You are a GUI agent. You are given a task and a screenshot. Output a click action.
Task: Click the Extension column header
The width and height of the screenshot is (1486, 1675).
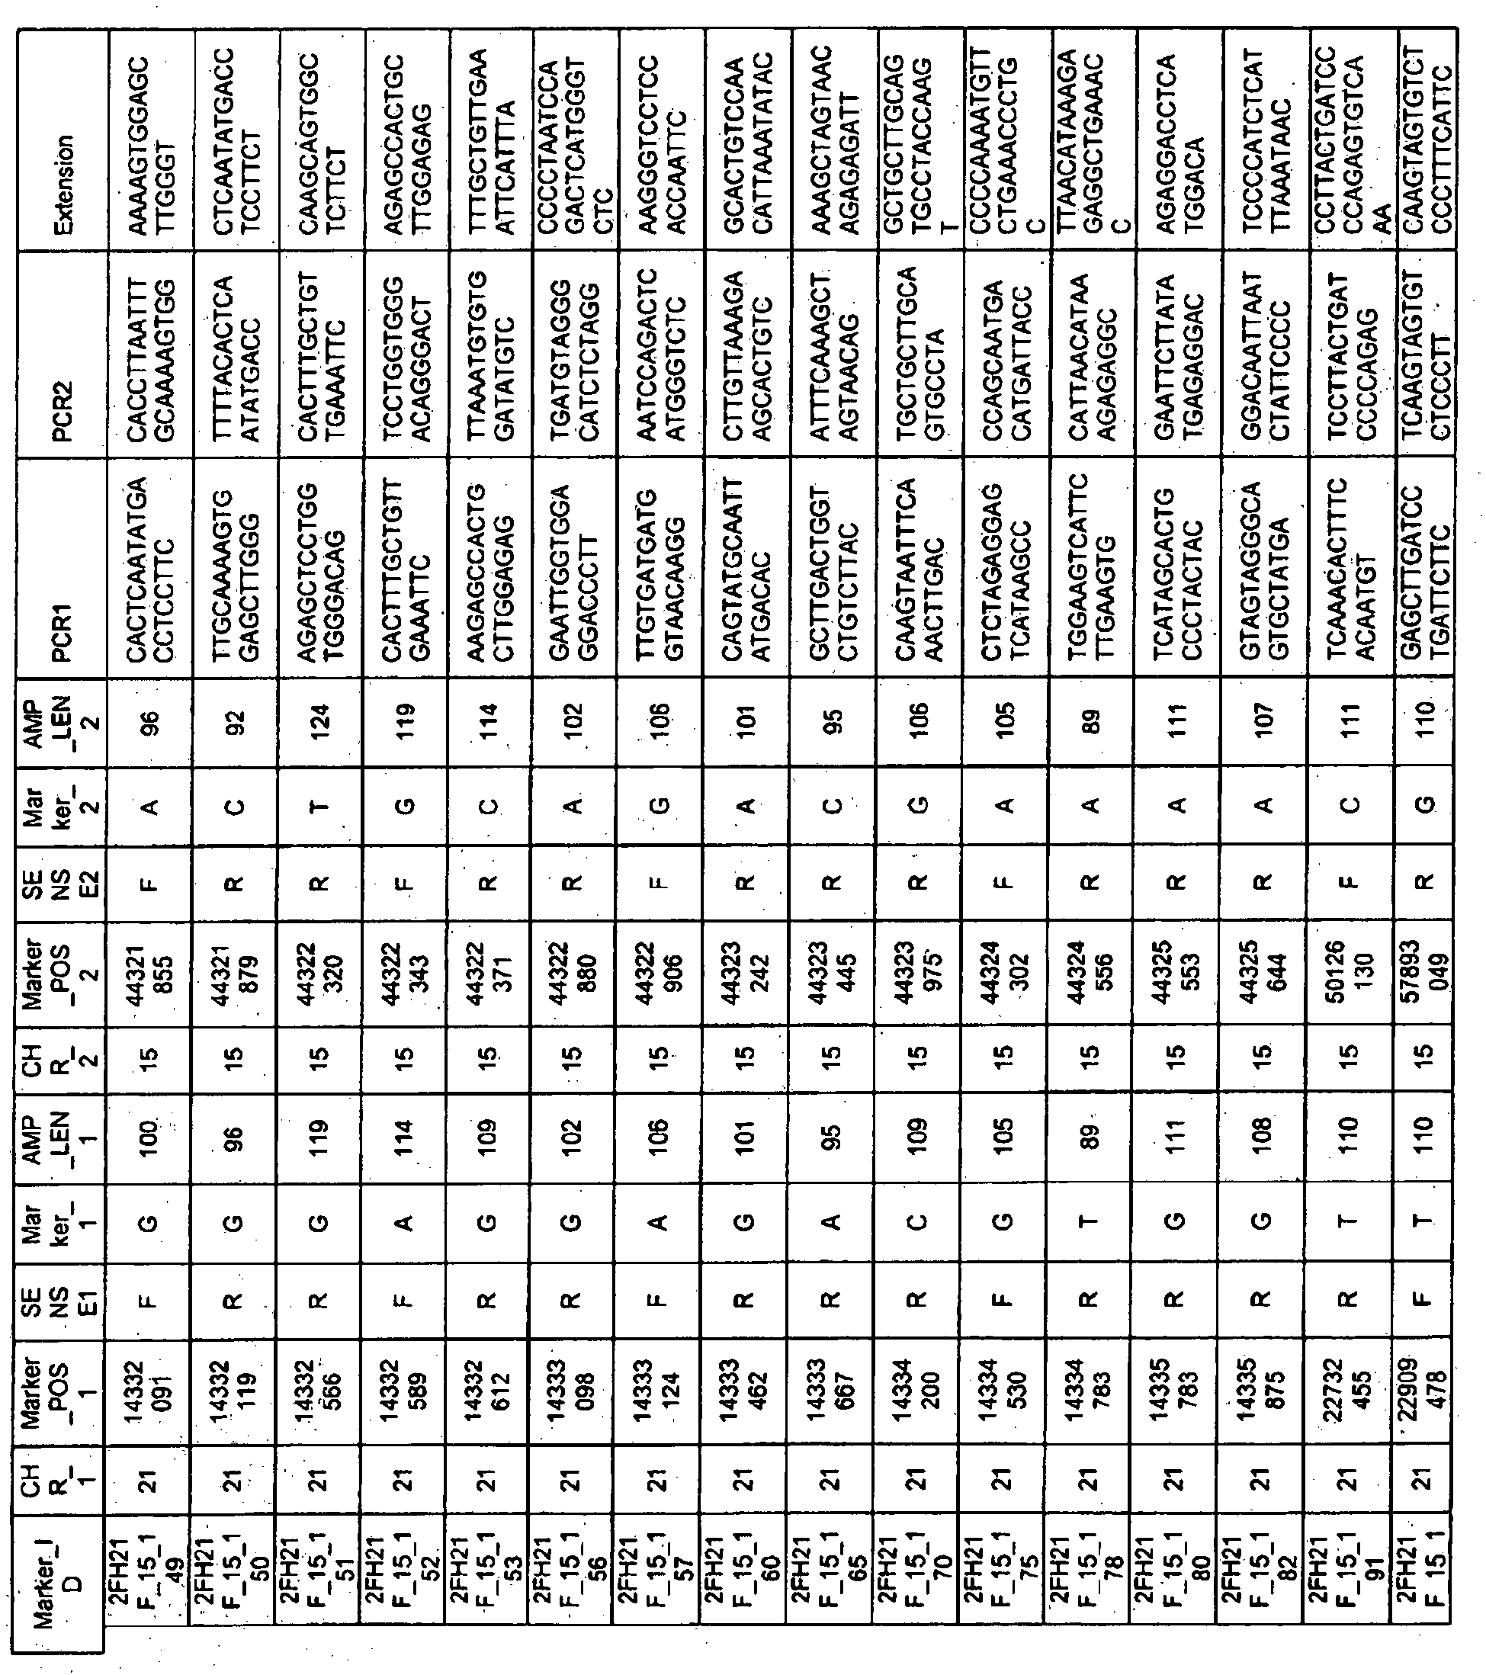pos(62,185)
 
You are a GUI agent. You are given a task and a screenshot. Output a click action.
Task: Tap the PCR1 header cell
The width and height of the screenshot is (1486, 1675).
pos(62,635)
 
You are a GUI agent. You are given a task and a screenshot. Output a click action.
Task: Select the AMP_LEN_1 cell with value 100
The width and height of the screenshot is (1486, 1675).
pos(149,1138)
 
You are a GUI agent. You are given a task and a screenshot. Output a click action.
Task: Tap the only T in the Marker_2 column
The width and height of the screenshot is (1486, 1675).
pos(319,808)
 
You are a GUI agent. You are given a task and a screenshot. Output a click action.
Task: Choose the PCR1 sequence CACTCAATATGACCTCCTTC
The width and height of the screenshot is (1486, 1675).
pos(149,566)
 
